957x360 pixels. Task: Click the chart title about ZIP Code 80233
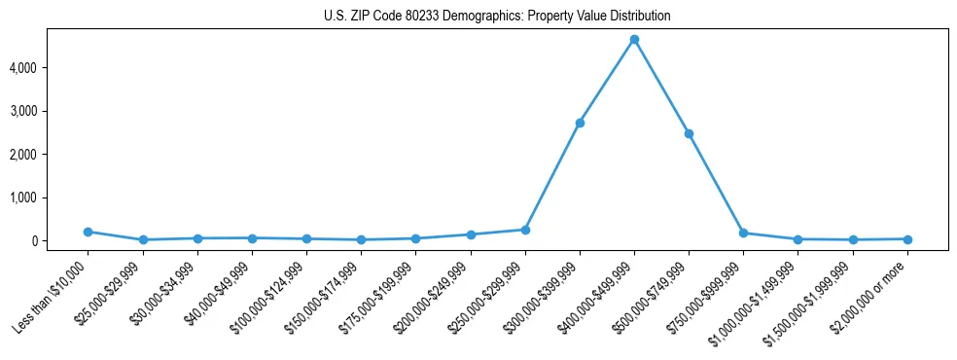click(x=497, y=17)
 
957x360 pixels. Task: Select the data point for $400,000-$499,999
click(x=634, y=40)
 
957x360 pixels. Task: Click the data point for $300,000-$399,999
click(x=580, y=123)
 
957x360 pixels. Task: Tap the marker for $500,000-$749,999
click(x=689, y=133)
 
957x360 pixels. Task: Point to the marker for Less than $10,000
click(x=89, y=232)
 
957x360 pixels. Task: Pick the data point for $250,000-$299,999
click(x=525, y=230)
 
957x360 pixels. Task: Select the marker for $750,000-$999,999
click(x=743, y=234)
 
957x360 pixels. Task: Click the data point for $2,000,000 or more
click(x=907, y=239)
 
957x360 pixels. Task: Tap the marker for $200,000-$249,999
click(x=471, y=234)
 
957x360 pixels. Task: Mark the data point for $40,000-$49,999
click(x=252, y=238)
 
